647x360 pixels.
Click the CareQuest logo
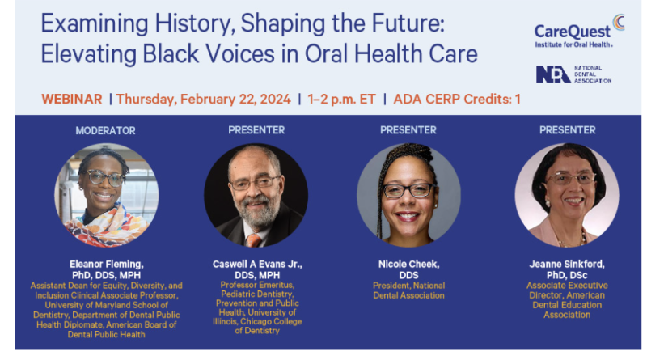[x=579, y=31]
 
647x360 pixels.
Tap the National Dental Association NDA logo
[x=573, y=74]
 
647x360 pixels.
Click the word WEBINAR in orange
[x=72, y=99]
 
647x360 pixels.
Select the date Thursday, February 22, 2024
[x=203, y=100]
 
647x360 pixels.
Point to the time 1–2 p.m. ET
[x=341, y=99]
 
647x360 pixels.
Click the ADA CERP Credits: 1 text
[x=457, y=99]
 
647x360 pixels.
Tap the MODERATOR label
[x=105, y=130]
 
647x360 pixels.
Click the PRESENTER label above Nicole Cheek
[x=408, y=130]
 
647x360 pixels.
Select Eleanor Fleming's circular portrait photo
[x=107, y=195]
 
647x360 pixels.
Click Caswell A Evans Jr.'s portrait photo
[x=256, y=195]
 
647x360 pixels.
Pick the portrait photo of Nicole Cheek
[x=408, y=195]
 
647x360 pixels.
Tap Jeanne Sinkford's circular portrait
[x=567, y=195]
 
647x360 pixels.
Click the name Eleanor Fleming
[x=107, y=265]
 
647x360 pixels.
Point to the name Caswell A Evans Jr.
[x=257, y=265]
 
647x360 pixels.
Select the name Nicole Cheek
[x=409, y=265]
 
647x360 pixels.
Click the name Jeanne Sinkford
[x=567, y=265]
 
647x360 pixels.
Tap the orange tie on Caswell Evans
[x=253, y=240]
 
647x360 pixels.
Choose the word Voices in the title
[x=240, y=54]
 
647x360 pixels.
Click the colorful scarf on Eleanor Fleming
[x=108, y=227]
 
